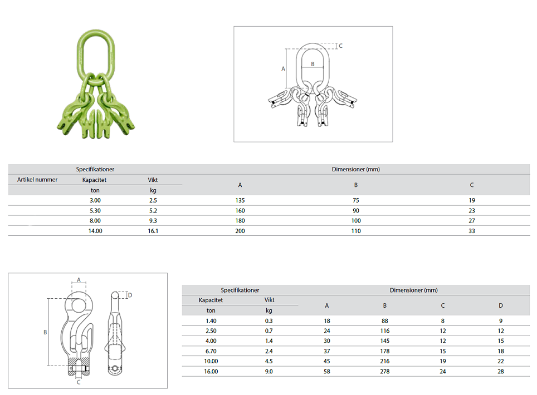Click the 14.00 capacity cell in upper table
[x=95, y=231]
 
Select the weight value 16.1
[x=153, y=231]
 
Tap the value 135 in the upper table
[x=240, y=200]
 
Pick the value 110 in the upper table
[x=356, y=231]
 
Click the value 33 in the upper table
[x=472, y=231]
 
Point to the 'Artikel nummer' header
[x=37, y=180]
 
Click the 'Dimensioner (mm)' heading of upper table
[x=356, y=169]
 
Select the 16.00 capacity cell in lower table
[x=211, y=372]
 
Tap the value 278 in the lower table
[x=385, y=372]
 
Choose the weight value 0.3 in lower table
[x=269, y=321]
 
